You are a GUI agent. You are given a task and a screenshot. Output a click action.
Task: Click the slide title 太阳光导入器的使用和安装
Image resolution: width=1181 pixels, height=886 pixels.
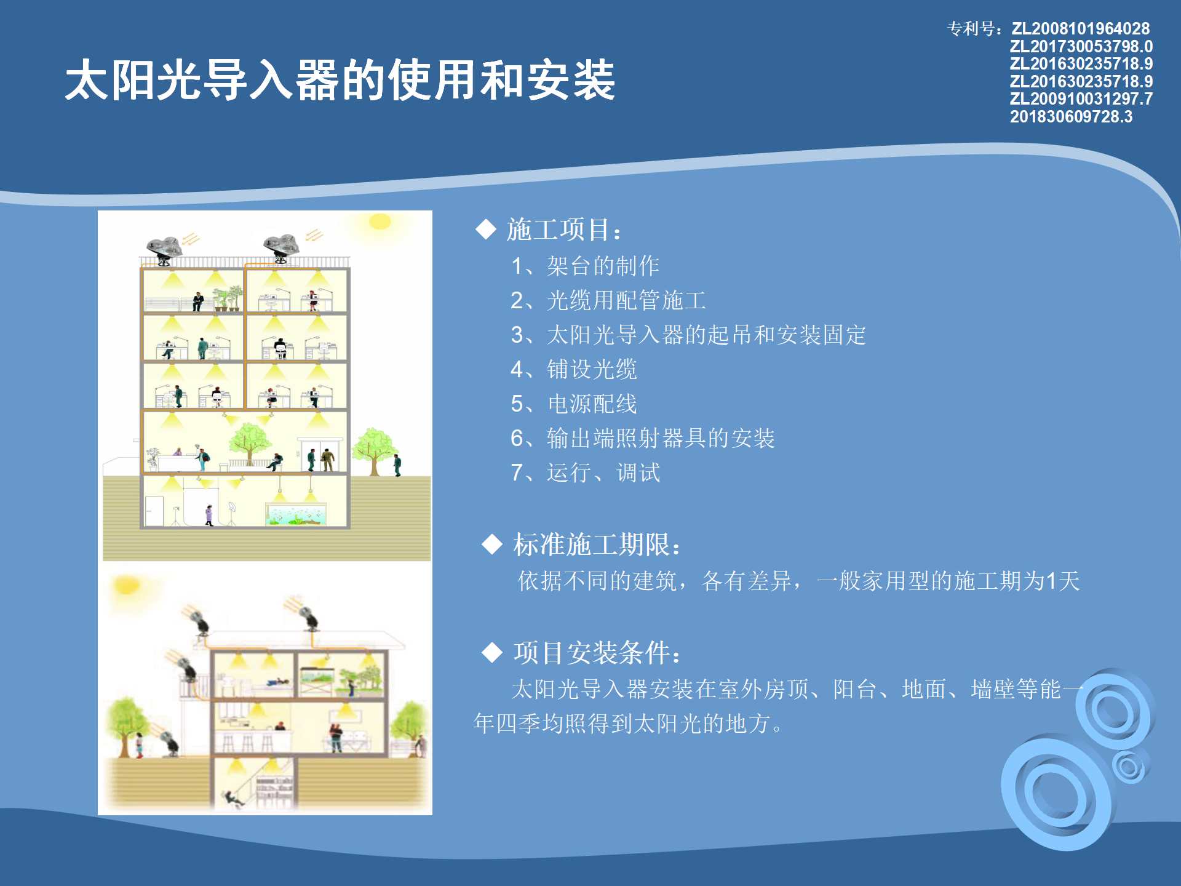coord(340,80)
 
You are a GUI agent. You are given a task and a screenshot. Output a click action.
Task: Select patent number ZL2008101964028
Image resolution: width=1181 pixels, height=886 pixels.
coord(1081,29)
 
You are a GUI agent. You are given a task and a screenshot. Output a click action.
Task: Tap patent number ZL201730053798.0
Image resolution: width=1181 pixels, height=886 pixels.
coord(1081,47)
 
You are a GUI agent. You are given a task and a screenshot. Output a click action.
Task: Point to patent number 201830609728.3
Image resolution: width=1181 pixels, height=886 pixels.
coord(1071,117)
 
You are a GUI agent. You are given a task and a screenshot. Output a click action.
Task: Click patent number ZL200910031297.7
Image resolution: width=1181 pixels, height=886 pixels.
coord(1081,99)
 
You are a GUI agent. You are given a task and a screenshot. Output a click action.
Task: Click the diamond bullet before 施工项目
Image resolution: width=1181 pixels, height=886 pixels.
coord(486,229)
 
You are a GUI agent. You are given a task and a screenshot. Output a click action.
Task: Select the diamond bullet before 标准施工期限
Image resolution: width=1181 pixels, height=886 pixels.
coord(492,545)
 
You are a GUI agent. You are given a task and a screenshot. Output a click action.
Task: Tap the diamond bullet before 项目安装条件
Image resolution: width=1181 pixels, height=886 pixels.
coord(492,652)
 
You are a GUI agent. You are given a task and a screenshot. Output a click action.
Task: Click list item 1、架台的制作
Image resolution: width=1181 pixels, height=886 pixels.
coord(585,266)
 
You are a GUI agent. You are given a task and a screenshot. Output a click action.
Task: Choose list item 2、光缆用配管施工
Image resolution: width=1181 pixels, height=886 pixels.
coord(608,300)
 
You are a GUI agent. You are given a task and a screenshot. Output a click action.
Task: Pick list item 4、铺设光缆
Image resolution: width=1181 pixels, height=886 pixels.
coord(574,369)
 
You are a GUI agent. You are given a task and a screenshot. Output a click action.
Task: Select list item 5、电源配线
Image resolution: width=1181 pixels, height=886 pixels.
coord(574,404)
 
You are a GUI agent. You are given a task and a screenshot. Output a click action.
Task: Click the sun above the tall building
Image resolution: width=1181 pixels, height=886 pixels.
coord(380,221)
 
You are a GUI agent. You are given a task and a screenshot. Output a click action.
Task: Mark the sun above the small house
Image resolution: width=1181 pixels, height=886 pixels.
coord(127,585)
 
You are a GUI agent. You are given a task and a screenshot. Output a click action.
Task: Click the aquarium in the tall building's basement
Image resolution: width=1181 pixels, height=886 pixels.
coord(296,514)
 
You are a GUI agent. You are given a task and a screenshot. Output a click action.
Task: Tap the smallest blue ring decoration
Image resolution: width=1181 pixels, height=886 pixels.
coord(1130,767)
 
